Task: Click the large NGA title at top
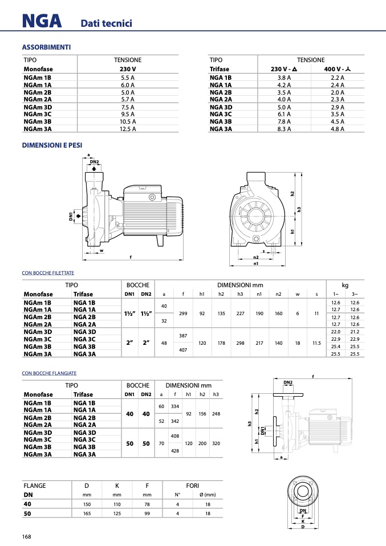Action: (x=42, y=21)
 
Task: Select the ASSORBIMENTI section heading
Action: (x=46, y=47)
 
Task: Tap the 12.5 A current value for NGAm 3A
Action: (x=128, y=129)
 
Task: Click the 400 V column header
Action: (x=337, y=69)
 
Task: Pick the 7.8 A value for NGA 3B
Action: (x=285, y=121)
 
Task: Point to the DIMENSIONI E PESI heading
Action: (x=52, y=145)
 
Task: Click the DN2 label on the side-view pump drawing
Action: (x=95, y=162)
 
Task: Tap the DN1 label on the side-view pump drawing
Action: (x=71, y=216)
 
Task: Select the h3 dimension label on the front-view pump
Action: (x=299, y=210)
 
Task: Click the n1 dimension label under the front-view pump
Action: (x=256, y=264)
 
